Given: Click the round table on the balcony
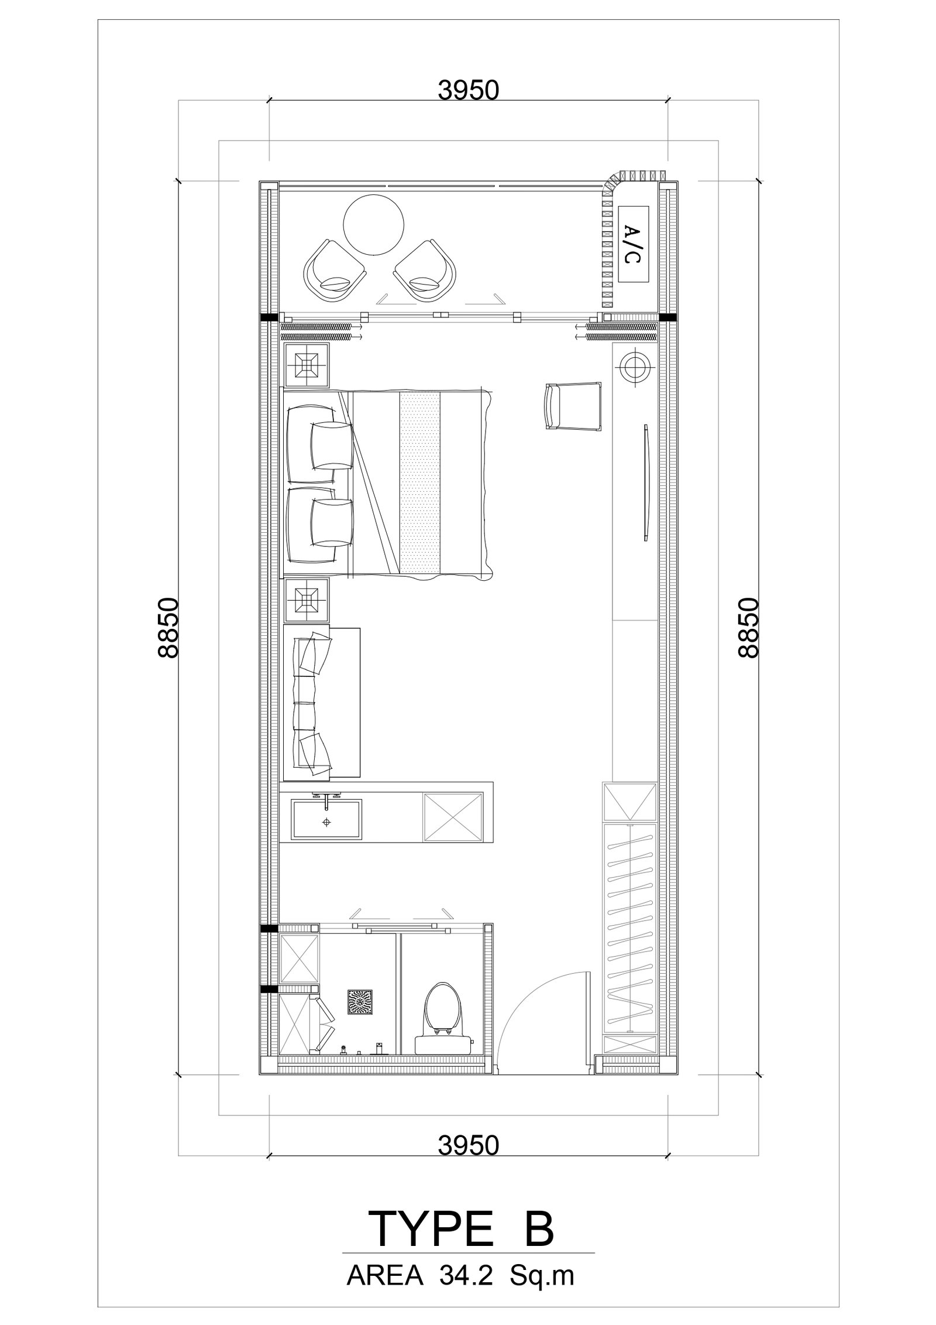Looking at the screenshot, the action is (x=373, y=225).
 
